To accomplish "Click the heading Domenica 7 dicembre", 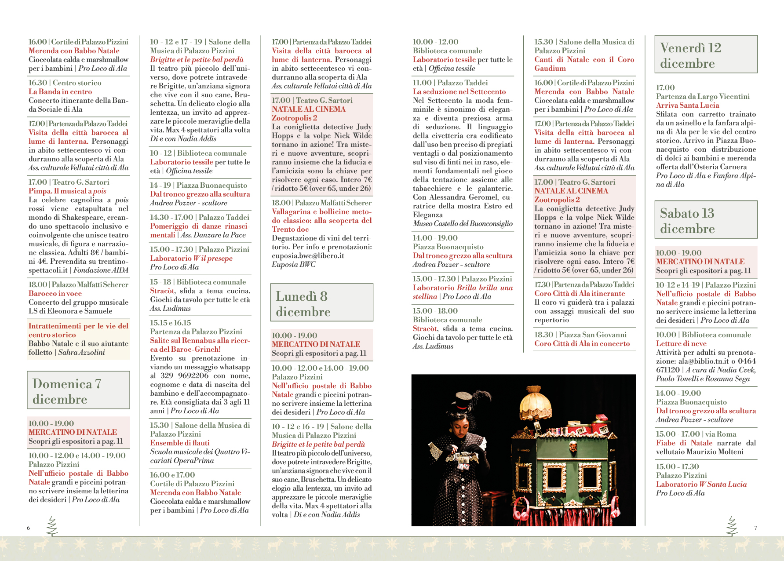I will (x=78, y=390).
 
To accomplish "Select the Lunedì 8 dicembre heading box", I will (x=321, y=303).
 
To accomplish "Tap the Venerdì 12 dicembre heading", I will (x=706, y=55).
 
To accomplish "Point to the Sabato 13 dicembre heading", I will (x=706, y=220).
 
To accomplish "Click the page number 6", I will (x=29, y=528).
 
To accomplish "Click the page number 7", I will (x=756, y=528).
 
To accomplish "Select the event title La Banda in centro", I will (x=60, y=91).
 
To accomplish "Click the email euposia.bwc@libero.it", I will (x=308, y=255).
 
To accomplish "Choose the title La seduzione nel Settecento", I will (x=459, y=91).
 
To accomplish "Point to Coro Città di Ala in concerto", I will (x=582, y=343).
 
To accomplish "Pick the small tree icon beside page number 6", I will (x=52, y=526).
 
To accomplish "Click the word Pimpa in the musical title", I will (x=40, y=191).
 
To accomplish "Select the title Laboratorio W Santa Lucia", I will (x=701, y=484).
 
